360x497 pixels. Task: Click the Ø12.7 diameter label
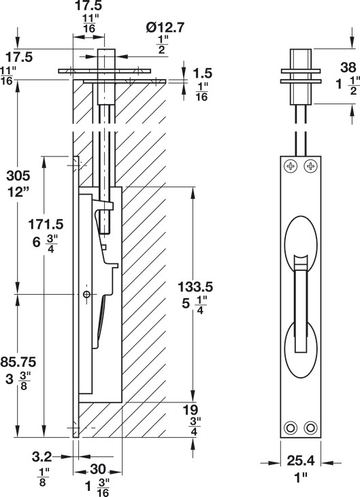(165, 28)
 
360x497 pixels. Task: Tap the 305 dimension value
(18, 175)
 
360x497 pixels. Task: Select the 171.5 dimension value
(46, 225)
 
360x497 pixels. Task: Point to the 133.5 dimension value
(195, 287)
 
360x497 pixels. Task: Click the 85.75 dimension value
(18, 362)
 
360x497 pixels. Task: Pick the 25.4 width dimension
(300, 461)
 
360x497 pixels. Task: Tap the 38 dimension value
(348, 67)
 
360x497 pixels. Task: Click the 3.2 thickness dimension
(42, 457)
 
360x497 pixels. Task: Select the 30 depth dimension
(97, 469)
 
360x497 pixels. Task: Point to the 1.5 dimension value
(203, 74)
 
